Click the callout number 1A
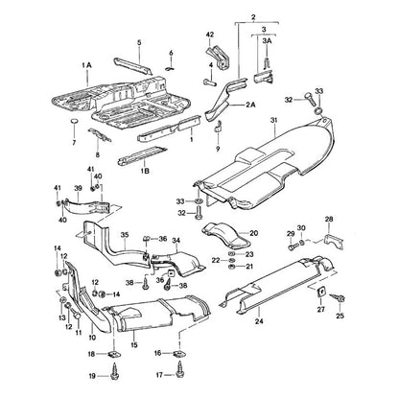point(86,65)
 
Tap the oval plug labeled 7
point(75,122)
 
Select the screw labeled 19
point(114,373)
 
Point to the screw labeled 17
point(179,372)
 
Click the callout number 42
point(210,35)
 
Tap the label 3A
point(267,41)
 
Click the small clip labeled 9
point(219,127)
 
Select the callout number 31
point(273,120)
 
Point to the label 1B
point(145,171)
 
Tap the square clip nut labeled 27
point(321,292)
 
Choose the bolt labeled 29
point(293,246)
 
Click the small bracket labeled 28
point(334,242)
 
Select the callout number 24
point(259,321)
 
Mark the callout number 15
point(134,345)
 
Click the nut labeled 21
point(232,267)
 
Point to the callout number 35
point(125,235)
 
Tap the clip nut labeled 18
point(114,354)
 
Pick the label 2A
point(251,105)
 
